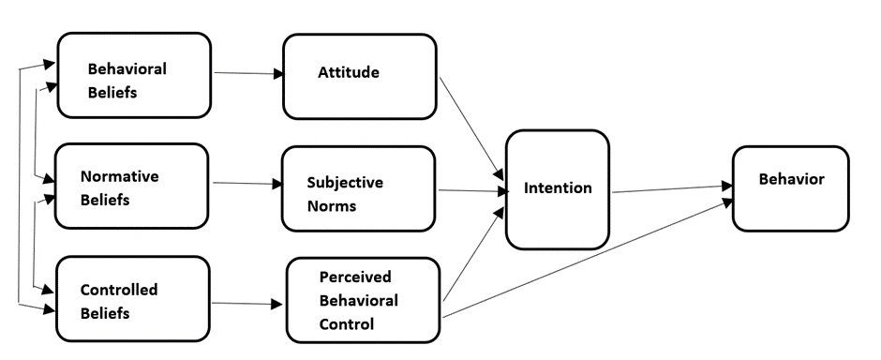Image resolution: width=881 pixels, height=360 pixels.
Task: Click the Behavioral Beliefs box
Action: [134, 76]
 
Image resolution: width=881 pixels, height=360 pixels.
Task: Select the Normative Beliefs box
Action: [130, 186]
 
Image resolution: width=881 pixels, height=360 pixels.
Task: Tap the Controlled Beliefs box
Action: [133, 298]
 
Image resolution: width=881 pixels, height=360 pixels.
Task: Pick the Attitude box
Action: [359, 76]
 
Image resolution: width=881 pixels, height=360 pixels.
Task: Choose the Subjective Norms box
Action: [358, 188]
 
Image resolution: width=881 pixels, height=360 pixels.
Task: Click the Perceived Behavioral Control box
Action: [363, 300]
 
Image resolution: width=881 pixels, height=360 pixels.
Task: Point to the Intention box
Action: [557, 188]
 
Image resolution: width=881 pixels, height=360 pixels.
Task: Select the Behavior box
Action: [791, 187]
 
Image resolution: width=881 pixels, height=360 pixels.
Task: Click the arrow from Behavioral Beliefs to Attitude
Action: [247, 72]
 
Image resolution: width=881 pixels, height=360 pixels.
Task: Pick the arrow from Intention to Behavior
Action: [670, 189]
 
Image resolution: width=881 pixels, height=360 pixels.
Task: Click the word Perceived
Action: [354, 278]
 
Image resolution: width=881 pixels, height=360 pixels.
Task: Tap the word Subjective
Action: [345, 183]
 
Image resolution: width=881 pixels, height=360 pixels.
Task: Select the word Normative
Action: [119, 175]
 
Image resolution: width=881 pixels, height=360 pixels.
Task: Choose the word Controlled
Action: [119, 290]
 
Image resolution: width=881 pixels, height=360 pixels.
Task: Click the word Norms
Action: [331, 205]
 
